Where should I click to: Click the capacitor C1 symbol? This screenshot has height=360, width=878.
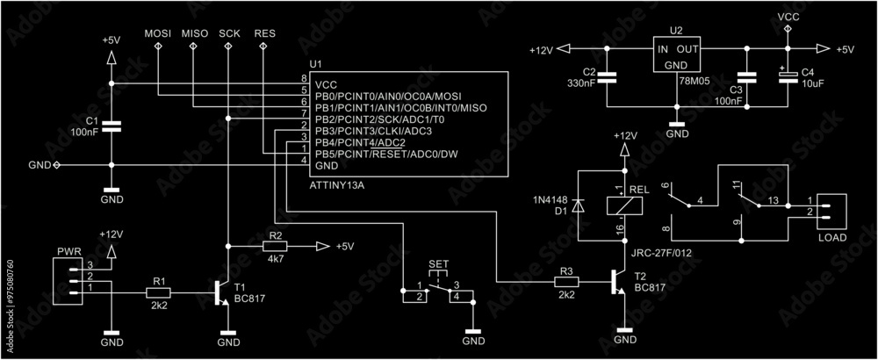pos(111,126)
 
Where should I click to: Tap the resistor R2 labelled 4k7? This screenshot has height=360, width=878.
pos(276,247)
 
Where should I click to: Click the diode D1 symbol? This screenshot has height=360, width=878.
pos(578,204)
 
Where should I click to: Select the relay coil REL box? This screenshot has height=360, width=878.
pos(624,205)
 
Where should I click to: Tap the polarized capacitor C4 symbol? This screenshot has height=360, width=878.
pos(787,77)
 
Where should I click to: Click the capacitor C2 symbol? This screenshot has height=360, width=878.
pos(611,77)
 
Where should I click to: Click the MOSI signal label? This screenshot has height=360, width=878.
pos(158,33)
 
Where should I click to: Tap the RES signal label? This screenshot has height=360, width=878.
pos(263,33)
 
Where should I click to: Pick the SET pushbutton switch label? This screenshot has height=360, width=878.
pos(438,263)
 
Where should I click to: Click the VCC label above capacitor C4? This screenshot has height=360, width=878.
pos(788,16)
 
